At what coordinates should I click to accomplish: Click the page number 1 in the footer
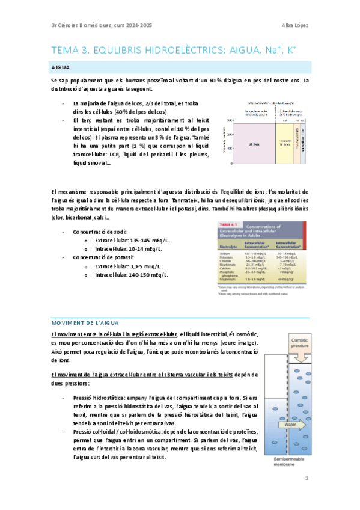click(x=307, y=478)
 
